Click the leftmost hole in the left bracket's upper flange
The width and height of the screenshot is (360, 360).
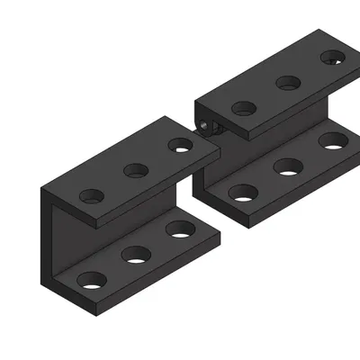tap(91, 194)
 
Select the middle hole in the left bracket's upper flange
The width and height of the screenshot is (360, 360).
tap(136, 169)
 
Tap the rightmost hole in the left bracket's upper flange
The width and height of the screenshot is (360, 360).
tap(181, 143)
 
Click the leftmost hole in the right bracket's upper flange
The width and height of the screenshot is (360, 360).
tap(244, 108)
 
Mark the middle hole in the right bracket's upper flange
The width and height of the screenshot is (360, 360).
tap(288, 83)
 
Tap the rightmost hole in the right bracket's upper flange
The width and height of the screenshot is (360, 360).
tap(333, 58)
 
